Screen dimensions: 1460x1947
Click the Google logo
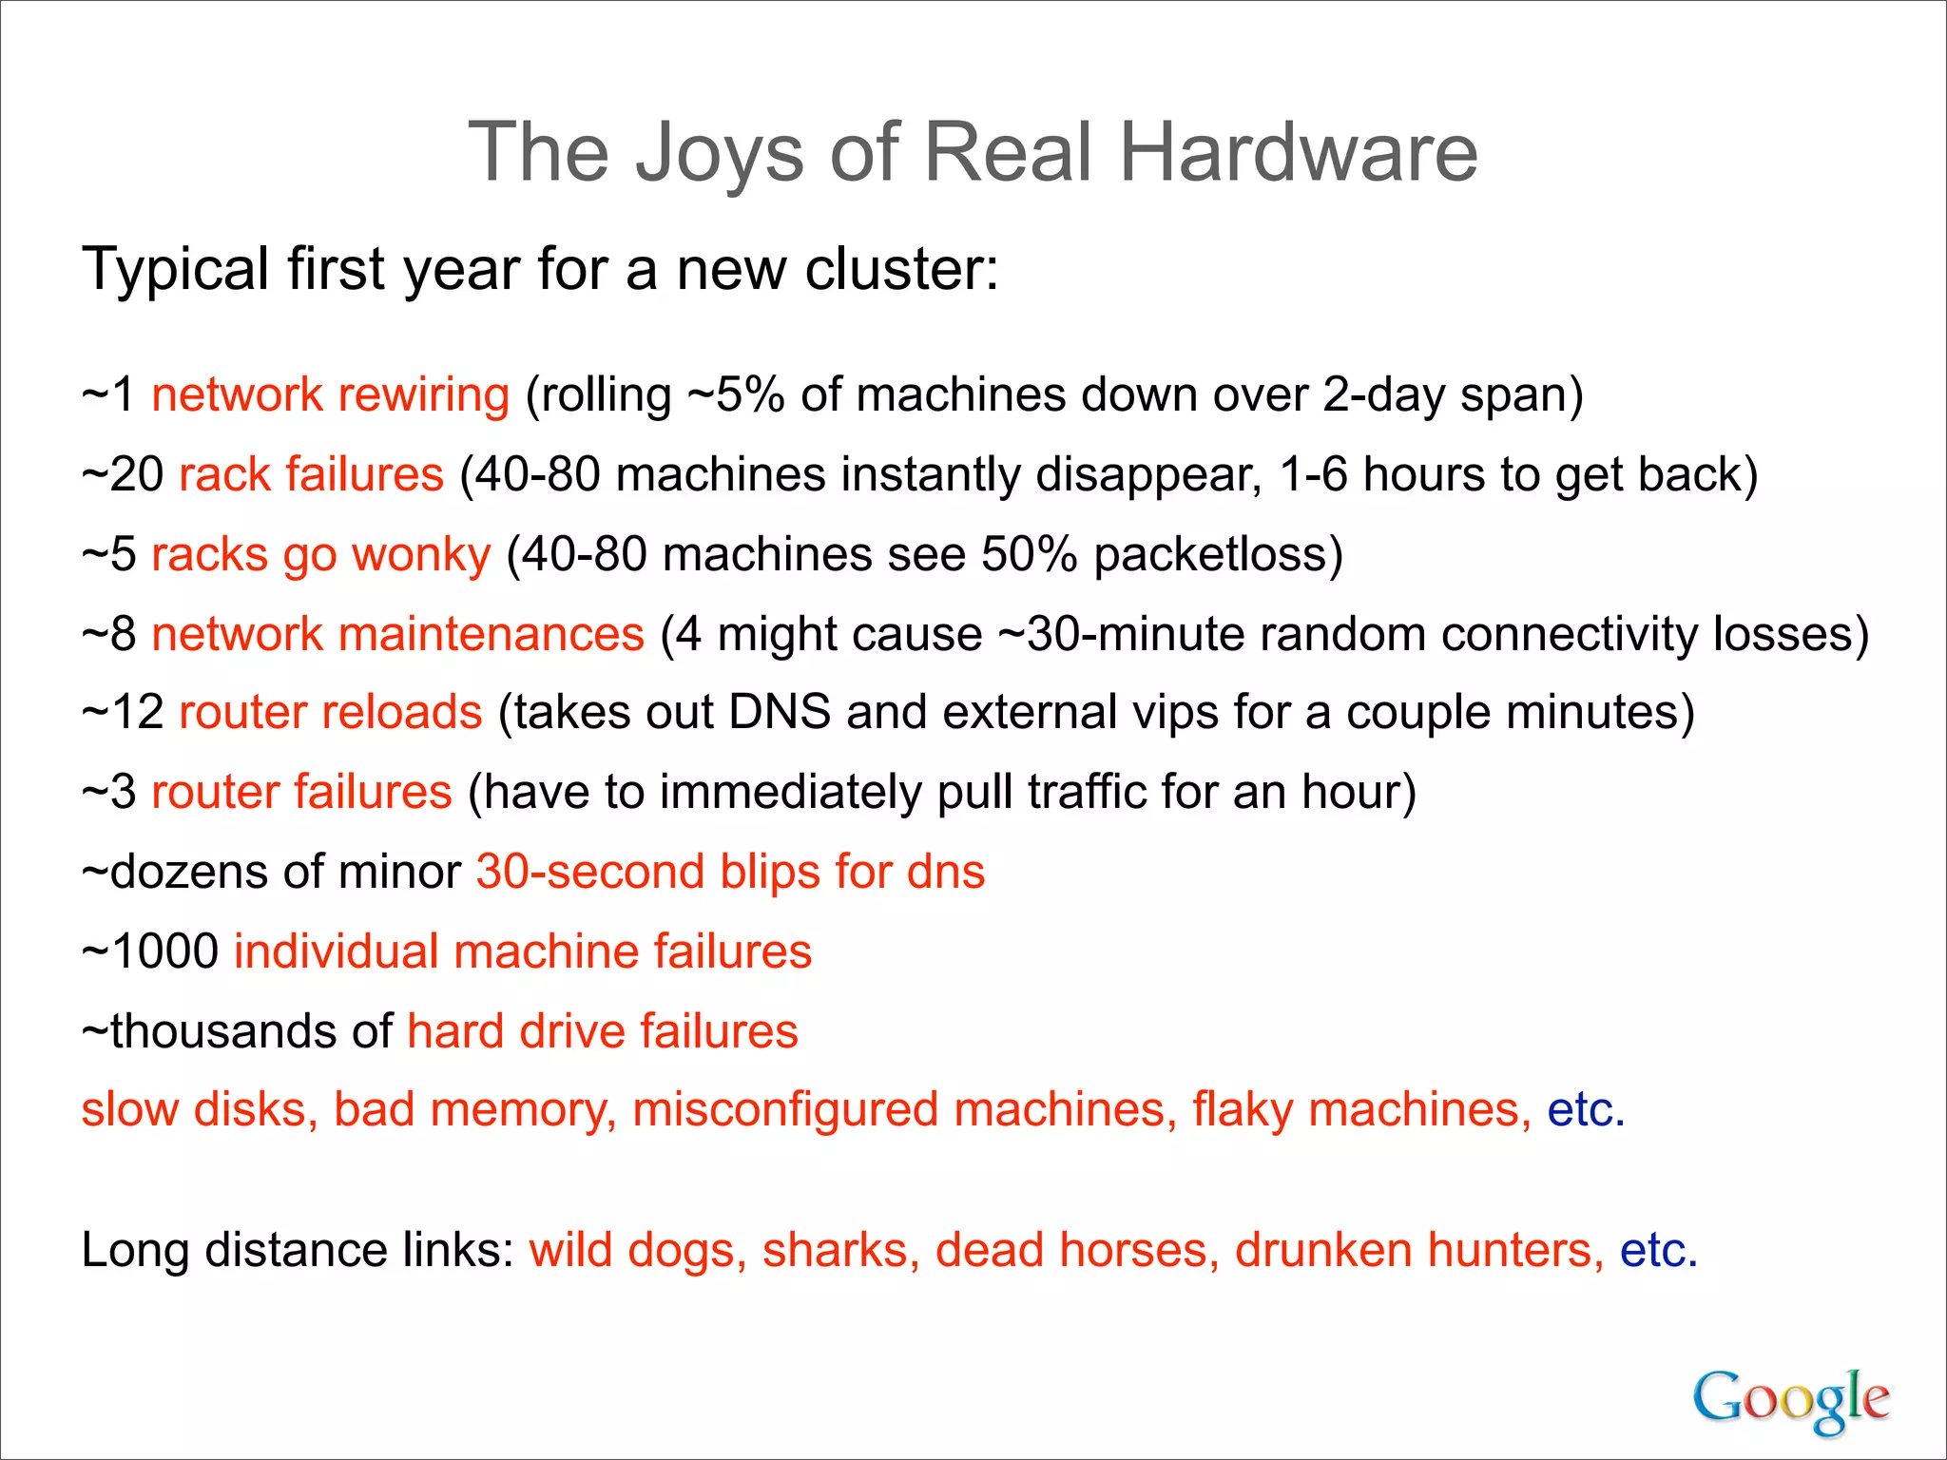[x=1790, y=1399]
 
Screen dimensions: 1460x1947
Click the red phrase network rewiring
[x=331, y=394]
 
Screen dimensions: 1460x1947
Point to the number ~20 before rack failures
[x=123, y=474]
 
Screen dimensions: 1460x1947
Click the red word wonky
[x=421, y=554]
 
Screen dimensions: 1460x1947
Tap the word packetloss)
[x=1218, y=554]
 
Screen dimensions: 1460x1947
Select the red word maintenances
[x=492, y=634]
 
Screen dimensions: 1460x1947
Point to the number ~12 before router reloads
[x=123, y=712]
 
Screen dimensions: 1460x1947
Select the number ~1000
[x=150, y=951]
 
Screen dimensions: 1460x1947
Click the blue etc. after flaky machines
[x=1586, y=1110]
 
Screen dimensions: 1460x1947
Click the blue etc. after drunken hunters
[x=1658, y=1250]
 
